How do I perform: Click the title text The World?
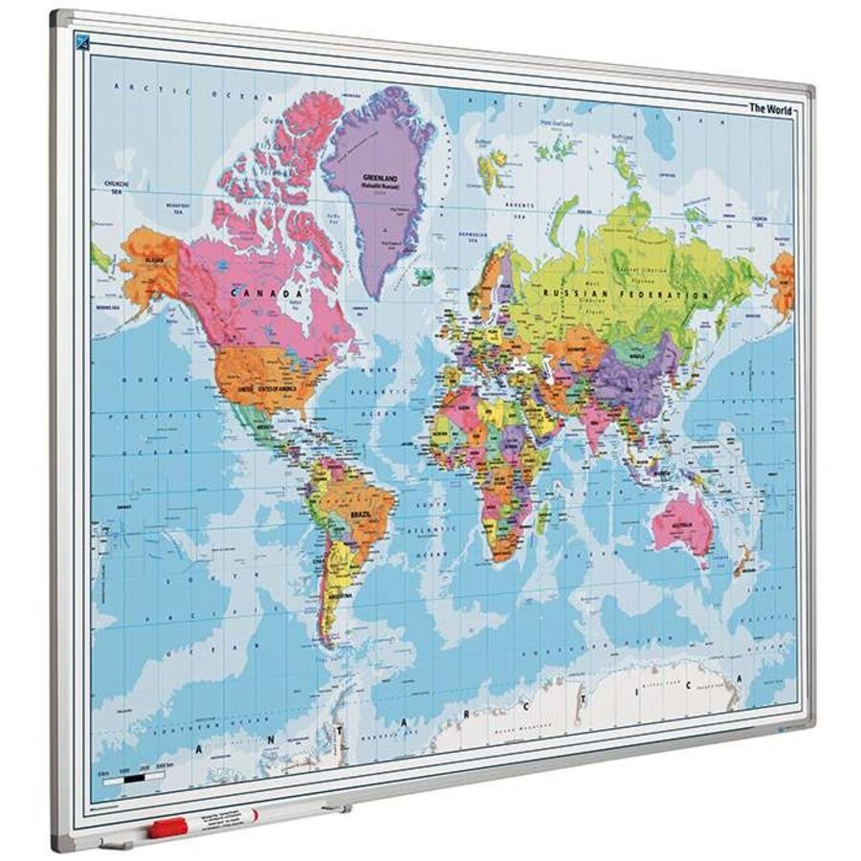click(769, 108)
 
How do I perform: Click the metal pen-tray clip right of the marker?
click(334, 808)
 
